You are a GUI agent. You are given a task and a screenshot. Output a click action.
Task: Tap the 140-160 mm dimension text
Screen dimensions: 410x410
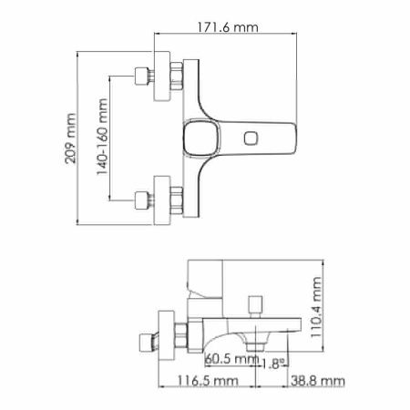click(x=102, y=138)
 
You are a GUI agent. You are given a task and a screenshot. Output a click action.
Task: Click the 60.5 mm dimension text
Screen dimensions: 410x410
click(x=229, y=358)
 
